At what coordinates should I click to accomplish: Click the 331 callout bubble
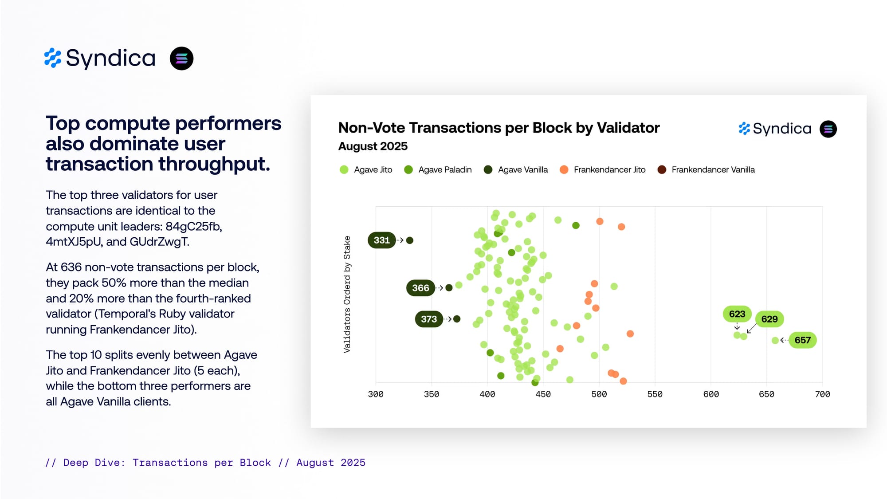(x=381, y=240)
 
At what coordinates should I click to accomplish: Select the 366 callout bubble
(x=420, y=288)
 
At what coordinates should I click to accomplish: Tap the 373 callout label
(x=429, y=319)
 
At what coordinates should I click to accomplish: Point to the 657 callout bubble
(x=802, y=340)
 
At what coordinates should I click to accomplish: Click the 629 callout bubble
(x=769, y=319)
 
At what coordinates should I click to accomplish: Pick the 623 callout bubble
(x=737, y=314)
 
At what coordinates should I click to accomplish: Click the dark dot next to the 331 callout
(x=410, y=240)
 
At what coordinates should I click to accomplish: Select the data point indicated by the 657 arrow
(x=775, y=340)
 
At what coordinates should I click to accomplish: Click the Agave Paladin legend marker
(x=408, y=170)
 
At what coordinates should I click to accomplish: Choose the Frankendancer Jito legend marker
(x=564, y=170)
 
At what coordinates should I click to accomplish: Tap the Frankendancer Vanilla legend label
(x=713, y=170)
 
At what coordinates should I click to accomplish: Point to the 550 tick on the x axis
(x=655, y=394)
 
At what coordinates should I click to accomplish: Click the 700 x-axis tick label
(x=822, y=394)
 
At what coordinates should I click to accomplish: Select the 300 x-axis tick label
(x=376, y=394)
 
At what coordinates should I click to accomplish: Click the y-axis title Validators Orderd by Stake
(x=347, y=294)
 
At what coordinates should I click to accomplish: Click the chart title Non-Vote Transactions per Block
(x=498, y=128)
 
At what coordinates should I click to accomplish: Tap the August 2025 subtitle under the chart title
(x=373, y=146)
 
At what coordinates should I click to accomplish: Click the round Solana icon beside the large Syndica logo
(x=181, y=59)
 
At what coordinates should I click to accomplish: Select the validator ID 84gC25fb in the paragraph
(x=193, y=227)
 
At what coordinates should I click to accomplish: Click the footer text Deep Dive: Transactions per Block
(x=167, y=463)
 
